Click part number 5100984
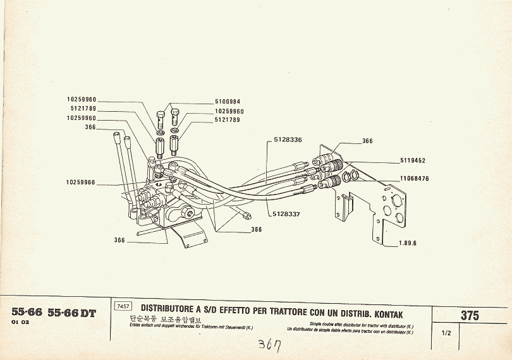coord(228,102)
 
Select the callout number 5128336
coord(288,140)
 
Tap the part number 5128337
coord(288,213)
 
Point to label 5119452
coord(412,160)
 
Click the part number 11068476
coord(414,179)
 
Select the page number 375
coord(470,316)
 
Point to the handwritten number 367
coord(270,346)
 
